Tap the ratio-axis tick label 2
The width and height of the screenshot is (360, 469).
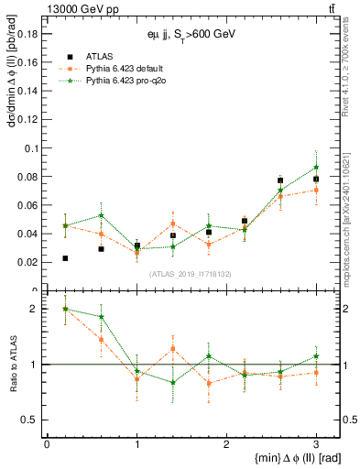point(35,309)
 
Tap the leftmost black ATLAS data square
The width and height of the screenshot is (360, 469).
point(65,258)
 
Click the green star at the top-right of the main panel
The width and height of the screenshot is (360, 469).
point(316,168)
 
